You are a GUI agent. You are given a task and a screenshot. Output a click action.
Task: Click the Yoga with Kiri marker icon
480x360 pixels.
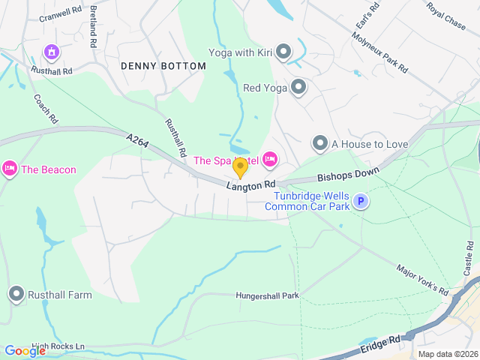[283, 52]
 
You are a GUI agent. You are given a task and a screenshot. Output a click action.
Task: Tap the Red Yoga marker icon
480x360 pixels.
[298, 88]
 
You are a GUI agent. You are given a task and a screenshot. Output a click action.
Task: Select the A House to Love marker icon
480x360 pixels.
[320, 143]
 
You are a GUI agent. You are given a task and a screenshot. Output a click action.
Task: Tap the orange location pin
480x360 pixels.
[240, 167]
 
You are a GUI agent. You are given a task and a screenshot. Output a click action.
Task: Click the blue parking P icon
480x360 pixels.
[361, 201]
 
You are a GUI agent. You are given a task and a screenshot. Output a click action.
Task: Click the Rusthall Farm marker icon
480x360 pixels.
[16, 295]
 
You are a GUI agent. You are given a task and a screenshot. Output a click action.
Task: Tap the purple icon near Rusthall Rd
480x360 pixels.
[52, 52]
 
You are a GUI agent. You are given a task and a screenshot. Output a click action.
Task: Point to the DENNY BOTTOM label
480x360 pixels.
[163, 67]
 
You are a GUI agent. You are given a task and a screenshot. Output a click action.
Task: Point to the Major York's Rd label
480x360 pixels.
[422, 280]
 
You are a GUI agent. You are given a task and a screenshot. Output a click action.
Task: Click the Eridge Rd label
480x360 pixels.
[381, 345]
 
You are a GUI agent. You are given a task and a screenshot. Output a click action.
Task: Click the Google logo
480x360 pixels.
[25, 351]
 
